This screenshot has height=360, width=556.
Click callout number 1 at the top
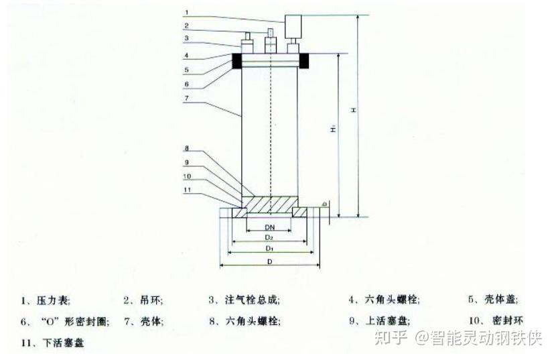coord(188,12)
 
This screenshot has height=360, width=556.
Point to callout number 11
coord(188,190)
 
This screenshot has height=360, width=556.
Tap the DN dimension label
coord(269,228)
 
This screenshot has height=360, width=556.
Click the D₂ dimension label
coord(269,238)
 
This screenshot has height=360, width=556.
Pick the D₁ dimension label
coord(269,248)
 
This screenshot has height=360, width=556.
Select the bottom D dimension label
coord(269,259)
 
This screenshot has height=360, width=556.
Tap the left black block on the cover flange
coord(238,61)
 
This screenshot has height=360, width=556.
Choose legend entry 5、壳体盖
coord(493,300)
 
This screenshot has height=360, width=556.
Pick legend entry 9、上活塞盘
coord(379,321)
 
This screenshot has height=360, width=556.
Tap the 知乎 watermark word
coord(390,337)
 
